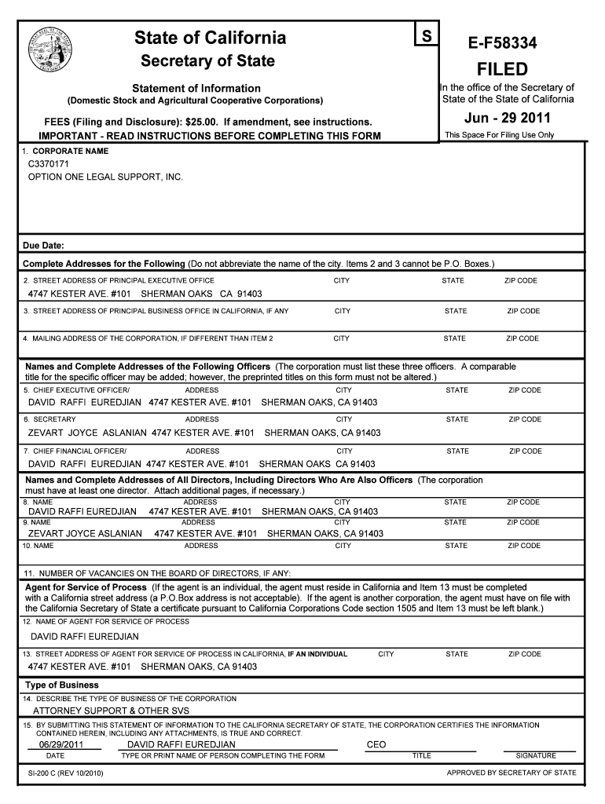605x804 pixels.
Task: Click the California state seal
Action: pos(53,48)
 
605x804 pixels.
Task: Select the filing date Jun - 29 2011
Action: pos(507,119)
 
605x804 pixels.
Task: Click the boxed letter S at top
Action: pos(426,36)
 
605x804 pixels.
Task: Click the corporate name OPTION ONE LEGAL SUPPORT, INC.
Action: pos(105,177)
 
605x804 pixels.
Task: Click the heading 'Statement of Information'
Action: pos(196,88)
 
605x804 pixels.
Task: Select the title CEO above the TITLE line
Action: pos(376,744)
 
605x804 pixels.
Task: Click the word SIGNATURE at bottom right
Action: pos(535,756)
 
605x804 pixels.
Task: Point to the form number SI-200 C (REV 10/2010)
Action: pos(65,773)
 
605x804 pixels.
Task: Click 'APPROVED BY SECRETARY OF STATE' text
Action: pos(511,773)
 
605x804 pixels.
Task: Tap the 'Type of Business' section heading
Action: pos(62,685)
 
